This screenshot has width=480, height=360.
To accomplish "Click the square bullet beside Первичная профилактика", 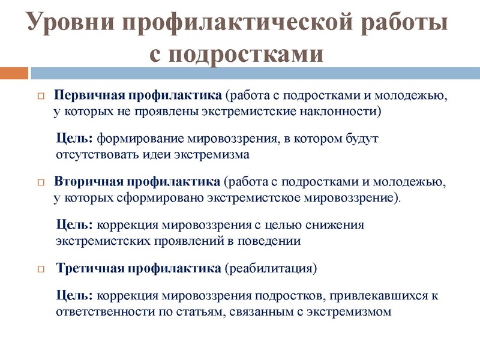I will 41,96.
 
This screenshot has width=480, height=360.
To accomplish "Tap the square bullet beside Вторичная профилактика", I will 41,182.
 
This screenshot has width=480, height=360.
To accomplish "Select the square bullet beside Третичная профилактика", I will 41,268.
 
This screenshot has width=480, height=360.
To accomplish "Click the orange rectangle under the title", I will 14,73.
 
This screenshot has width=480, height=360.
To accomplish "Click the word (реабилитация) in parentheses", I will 270,268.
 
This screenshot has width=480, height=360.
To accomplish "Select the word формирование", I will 139,139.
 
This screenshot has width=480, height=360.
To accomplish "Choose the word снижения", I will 336,225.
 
